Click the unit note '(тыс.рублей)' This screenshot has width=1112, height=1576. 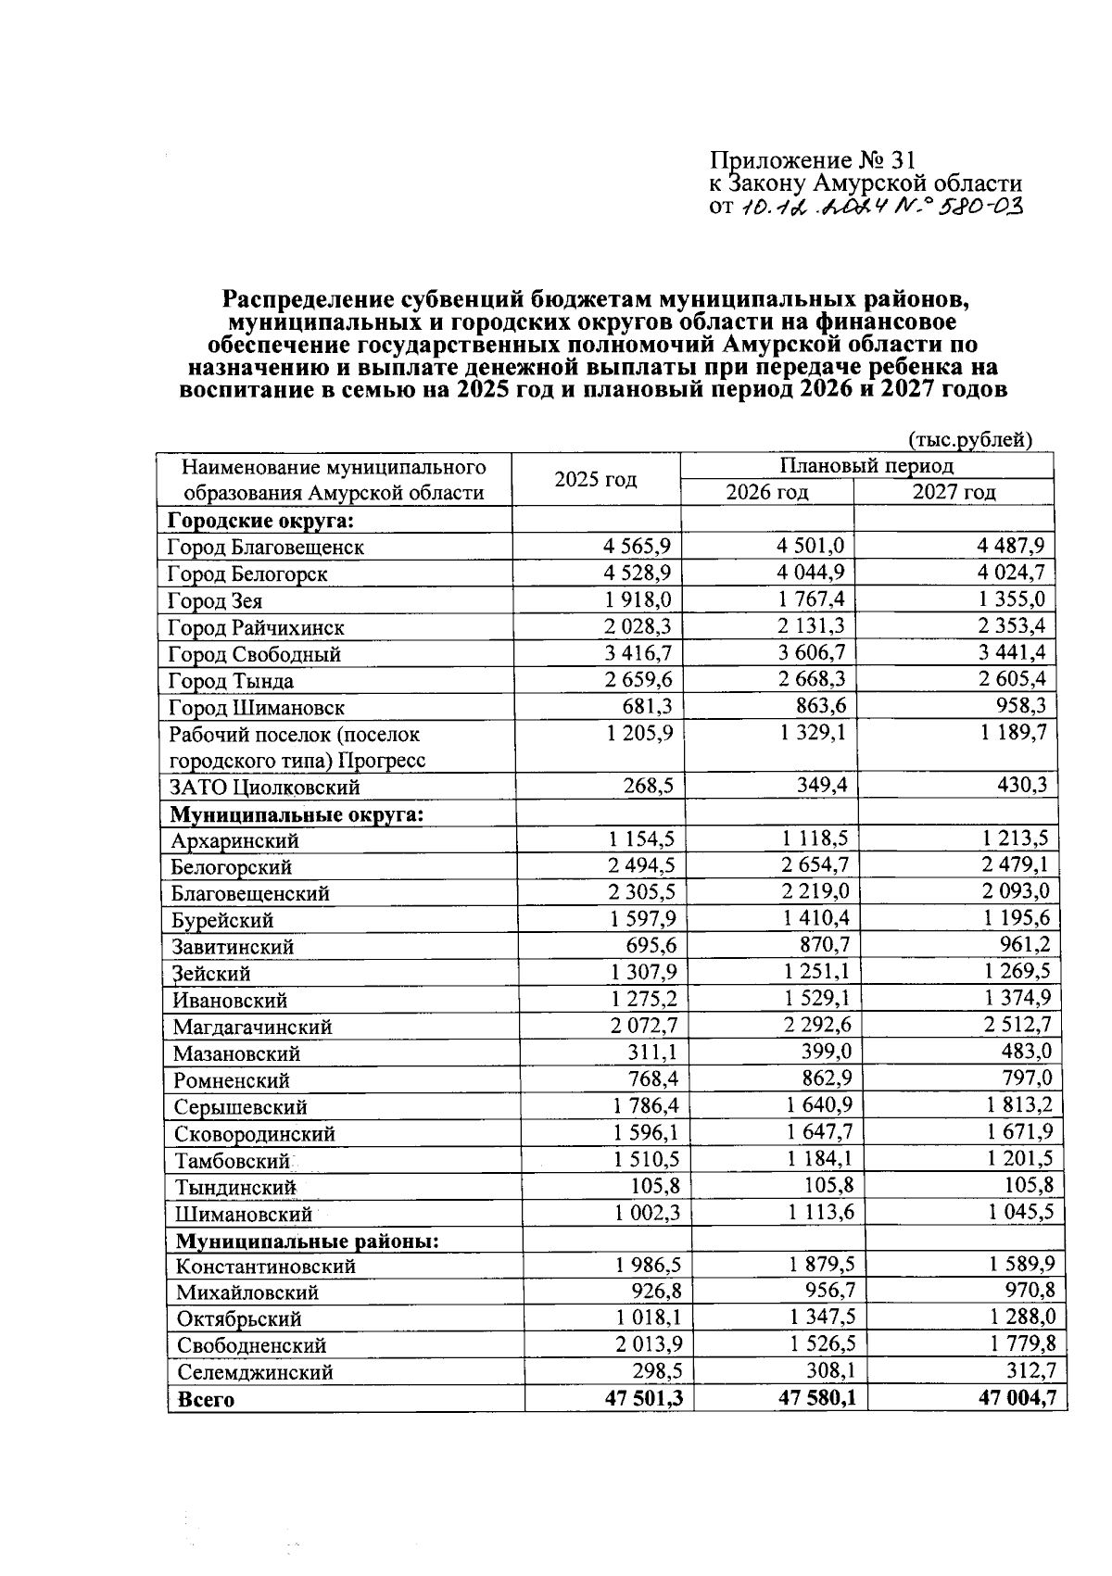(969, 439)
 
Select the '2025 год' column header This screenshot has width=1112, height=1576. (596, 479)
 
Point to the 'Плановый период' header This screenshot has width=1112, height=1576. (866, 465)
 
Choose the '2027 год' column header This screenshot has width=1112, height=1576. (954, 492)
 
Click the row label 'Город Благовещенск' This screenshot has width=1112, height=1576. (266, 547)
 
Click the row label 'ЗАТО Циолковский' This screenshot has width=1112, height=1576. (264, 788)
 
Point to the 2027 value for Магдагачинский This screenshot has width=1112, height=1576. (1017, 1025)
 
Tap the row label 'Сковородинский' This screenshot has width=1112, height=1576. (255, 1133)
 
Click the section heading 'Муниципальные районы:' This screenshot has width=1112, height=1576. (307, 1240)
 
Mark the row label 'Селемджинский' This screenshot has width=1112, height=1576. (255, 1372)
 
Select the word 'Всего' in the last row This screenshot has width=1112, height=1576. (206, 1400)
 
